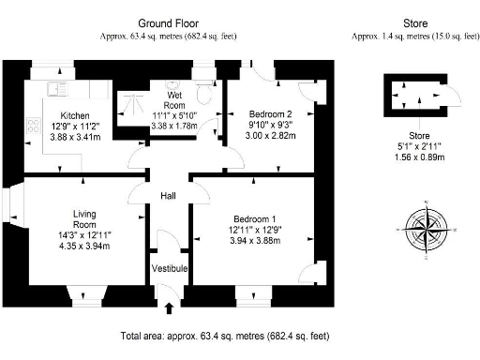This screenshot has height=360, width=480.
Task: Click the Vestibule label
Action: coord(170,269)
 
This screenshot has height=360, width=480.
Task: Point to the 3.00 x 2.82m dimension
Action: coord(261,135)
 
